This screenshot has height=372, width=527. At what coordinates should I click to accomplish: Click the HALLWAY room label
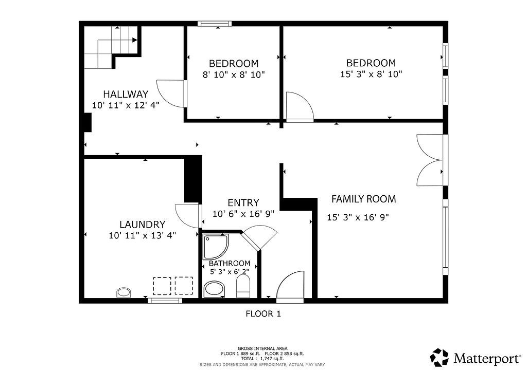pyautogui.click(x=126, y=94)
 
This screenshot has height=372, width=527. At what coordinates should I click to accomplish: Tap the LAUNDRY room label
pyautogui.click(x=143, y=225)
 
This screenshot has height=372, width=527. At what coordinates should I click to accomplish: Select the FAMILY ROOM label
pyautogui.click(x=364, y=199)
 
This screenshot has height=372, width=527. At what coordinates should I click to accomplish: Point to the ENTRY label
pyautogui.click(x=243, y=202)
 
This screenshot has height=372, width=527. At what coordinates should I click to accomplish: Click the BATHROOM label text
pyautogui.click(x=230, y=263)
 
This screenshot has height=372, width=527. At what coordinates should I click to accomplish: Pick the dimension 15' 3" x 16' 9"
pyautogui.click(x=358, y=217)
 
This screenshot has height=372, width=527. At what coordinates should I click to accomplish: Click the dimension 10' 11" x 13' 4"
pyautogui.click(x=143, y=235)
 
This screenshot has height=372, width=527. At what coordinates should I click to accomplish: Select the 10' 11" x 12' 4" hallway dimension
pyautogui.click(x=126, y=105)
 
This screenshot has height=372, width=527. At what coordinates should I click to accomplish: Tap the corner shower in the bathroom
pyautogui.click(x=216, y=247)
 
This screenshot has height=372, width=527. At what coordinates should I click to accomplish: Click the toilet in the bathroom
pyautogui.click(x=243, y=286)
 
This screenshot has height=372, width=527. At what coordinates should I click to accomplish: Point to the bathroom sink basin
pyautogui.click(x=215, y=289)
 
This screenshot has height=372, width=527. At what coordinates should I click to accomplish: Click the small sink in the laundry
pyautogui.click(x=124, y=292)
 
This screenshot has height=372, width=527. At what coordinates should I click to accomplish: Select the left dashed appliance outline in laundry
pyautogui.click(x=162, y=286)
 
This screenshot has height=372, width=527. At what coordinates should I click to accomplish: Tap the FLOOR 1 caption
pyautogui.click(x=263, y=314)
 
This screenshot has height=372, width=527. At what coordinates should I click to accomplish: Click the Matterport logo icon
pyautogui.click(x=440, y=358)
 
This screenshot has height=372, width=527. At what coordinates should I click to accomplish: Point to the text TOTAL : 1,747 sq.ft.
pyautogui.click(x=262, y=359)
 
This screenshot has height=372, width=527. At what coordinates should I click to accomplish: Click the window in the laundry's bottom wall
pyautogui.click(x=165, y=301)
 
